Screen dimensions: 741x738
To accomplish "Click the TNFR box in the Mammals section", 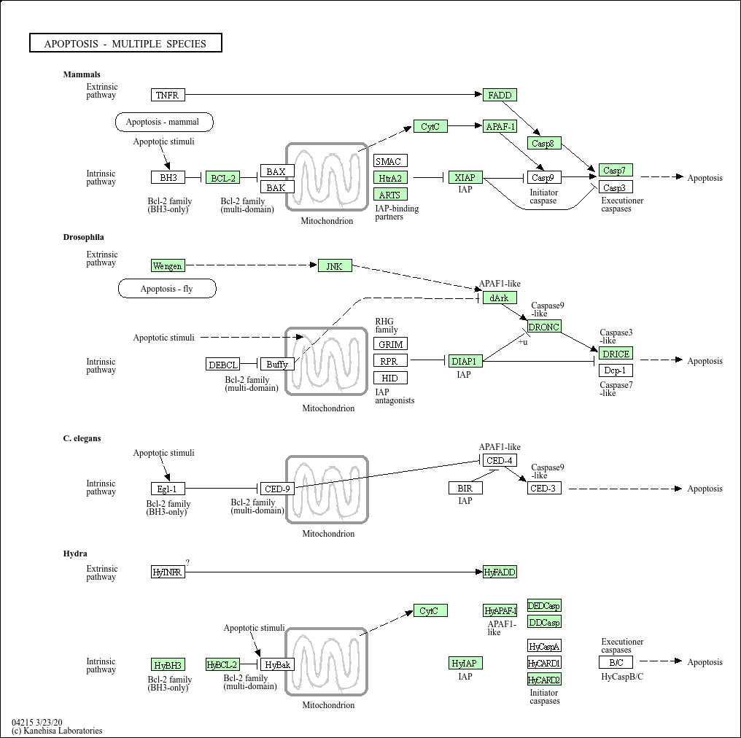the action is coord(168,95).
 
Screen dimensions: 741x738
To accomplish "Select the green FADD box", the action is coord(500,95).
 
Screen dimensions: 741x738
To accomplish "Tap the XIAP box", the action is coord(465,177).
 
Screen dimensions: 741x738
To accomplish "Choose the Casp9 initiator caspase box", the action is coord(544,177).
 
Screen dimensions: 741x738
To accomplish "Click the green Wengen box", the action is coord(168,265).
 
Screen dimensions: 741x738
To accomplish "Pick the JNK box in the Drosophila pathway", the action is coord(335,265).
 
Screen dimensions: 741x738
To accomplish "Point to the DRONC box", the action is coord(544,326).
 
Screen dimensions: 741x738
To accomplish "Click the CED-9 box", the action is coord(277,489).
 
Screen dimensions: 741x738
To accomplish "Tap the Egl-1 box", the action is coord(168,489).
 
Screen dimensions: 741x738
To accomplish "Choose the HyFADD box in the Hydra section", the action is coord(500,572).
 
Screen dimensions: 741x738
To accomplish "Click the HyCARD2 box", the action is coord(544,680).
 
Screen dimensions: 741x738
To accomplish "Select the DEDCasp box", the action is coord(544,605).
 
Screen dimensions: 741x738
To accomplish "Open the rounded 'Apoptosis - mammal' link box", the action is coord(164,122).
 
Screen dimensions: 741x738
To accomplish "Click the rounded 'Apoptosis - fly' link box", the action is coord(167,289).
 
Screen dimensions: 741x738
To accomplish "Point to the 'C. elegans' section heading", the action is coord(82,438).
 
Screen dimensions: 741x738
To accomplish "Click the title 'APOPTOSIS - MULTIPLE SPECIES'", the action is coord(125,43).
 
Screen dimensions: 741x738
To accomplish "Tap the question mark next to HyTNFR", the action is coord(187,562).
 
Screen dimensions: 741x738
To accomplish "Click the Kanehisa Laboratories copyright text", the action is coord(57,731).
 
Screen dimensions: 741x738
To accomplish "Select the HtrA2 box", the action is coord(390,178).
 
